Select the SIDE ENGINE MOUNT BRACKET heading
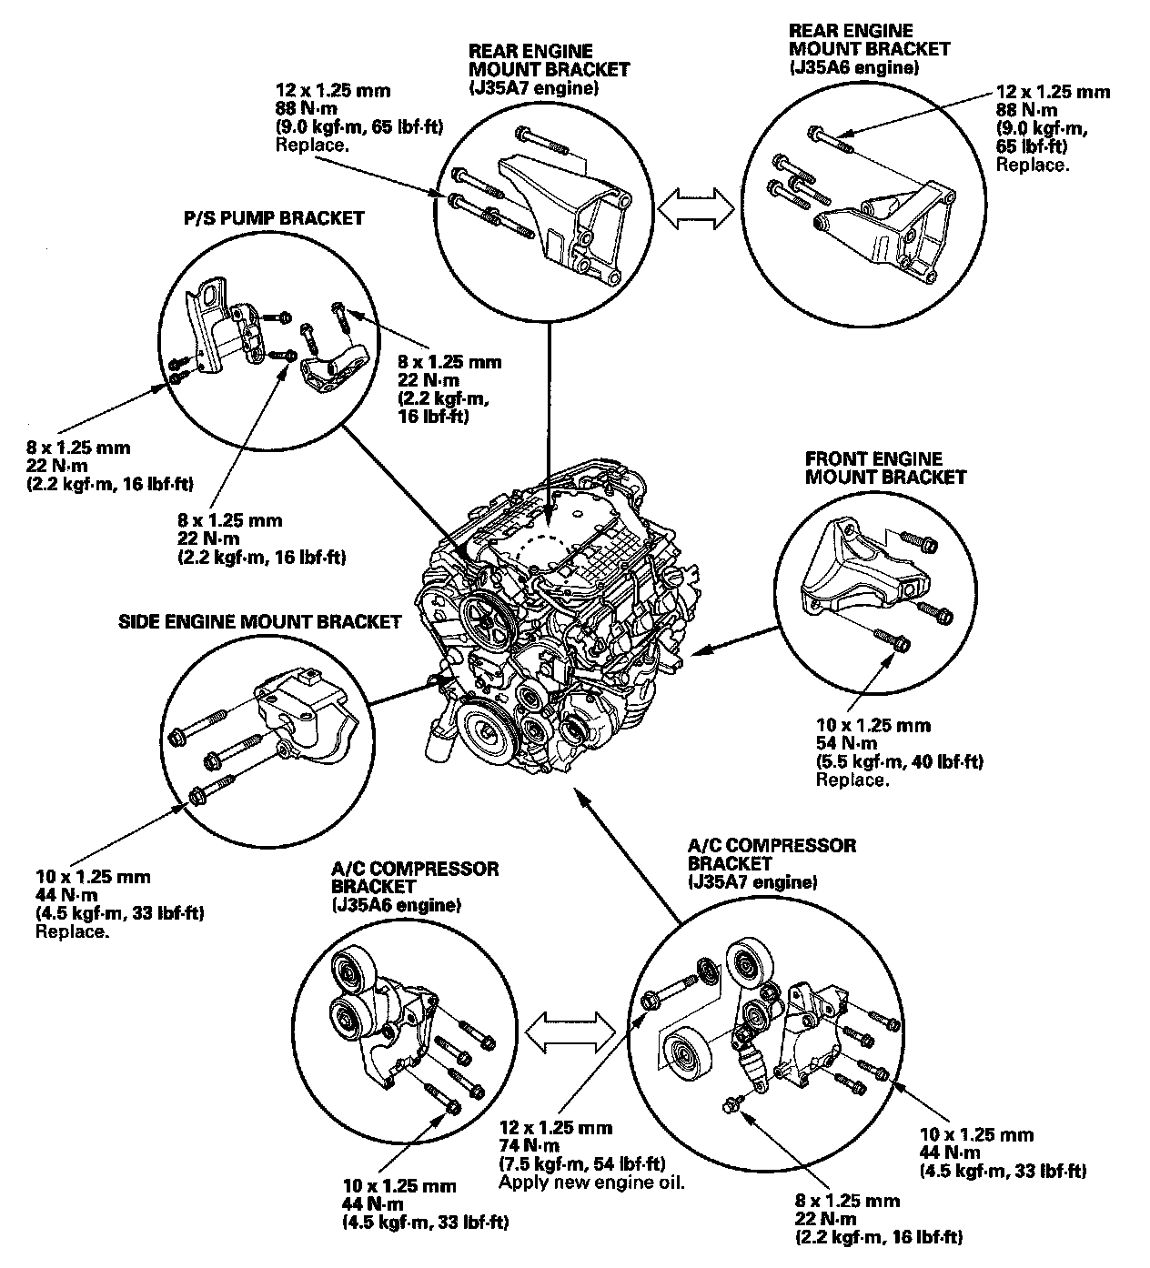259,622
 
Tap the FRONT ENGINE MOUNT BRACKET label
885,468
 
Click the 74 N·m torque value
529,1145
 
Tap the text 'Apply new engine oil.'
591,1182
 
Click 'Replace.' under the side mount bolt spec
72,932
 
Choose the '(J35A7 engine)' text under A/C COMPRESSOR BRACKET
752,882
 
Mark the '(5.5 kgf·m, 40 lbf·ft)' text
899,761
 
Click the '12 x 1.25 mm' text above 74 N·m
555,1128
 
